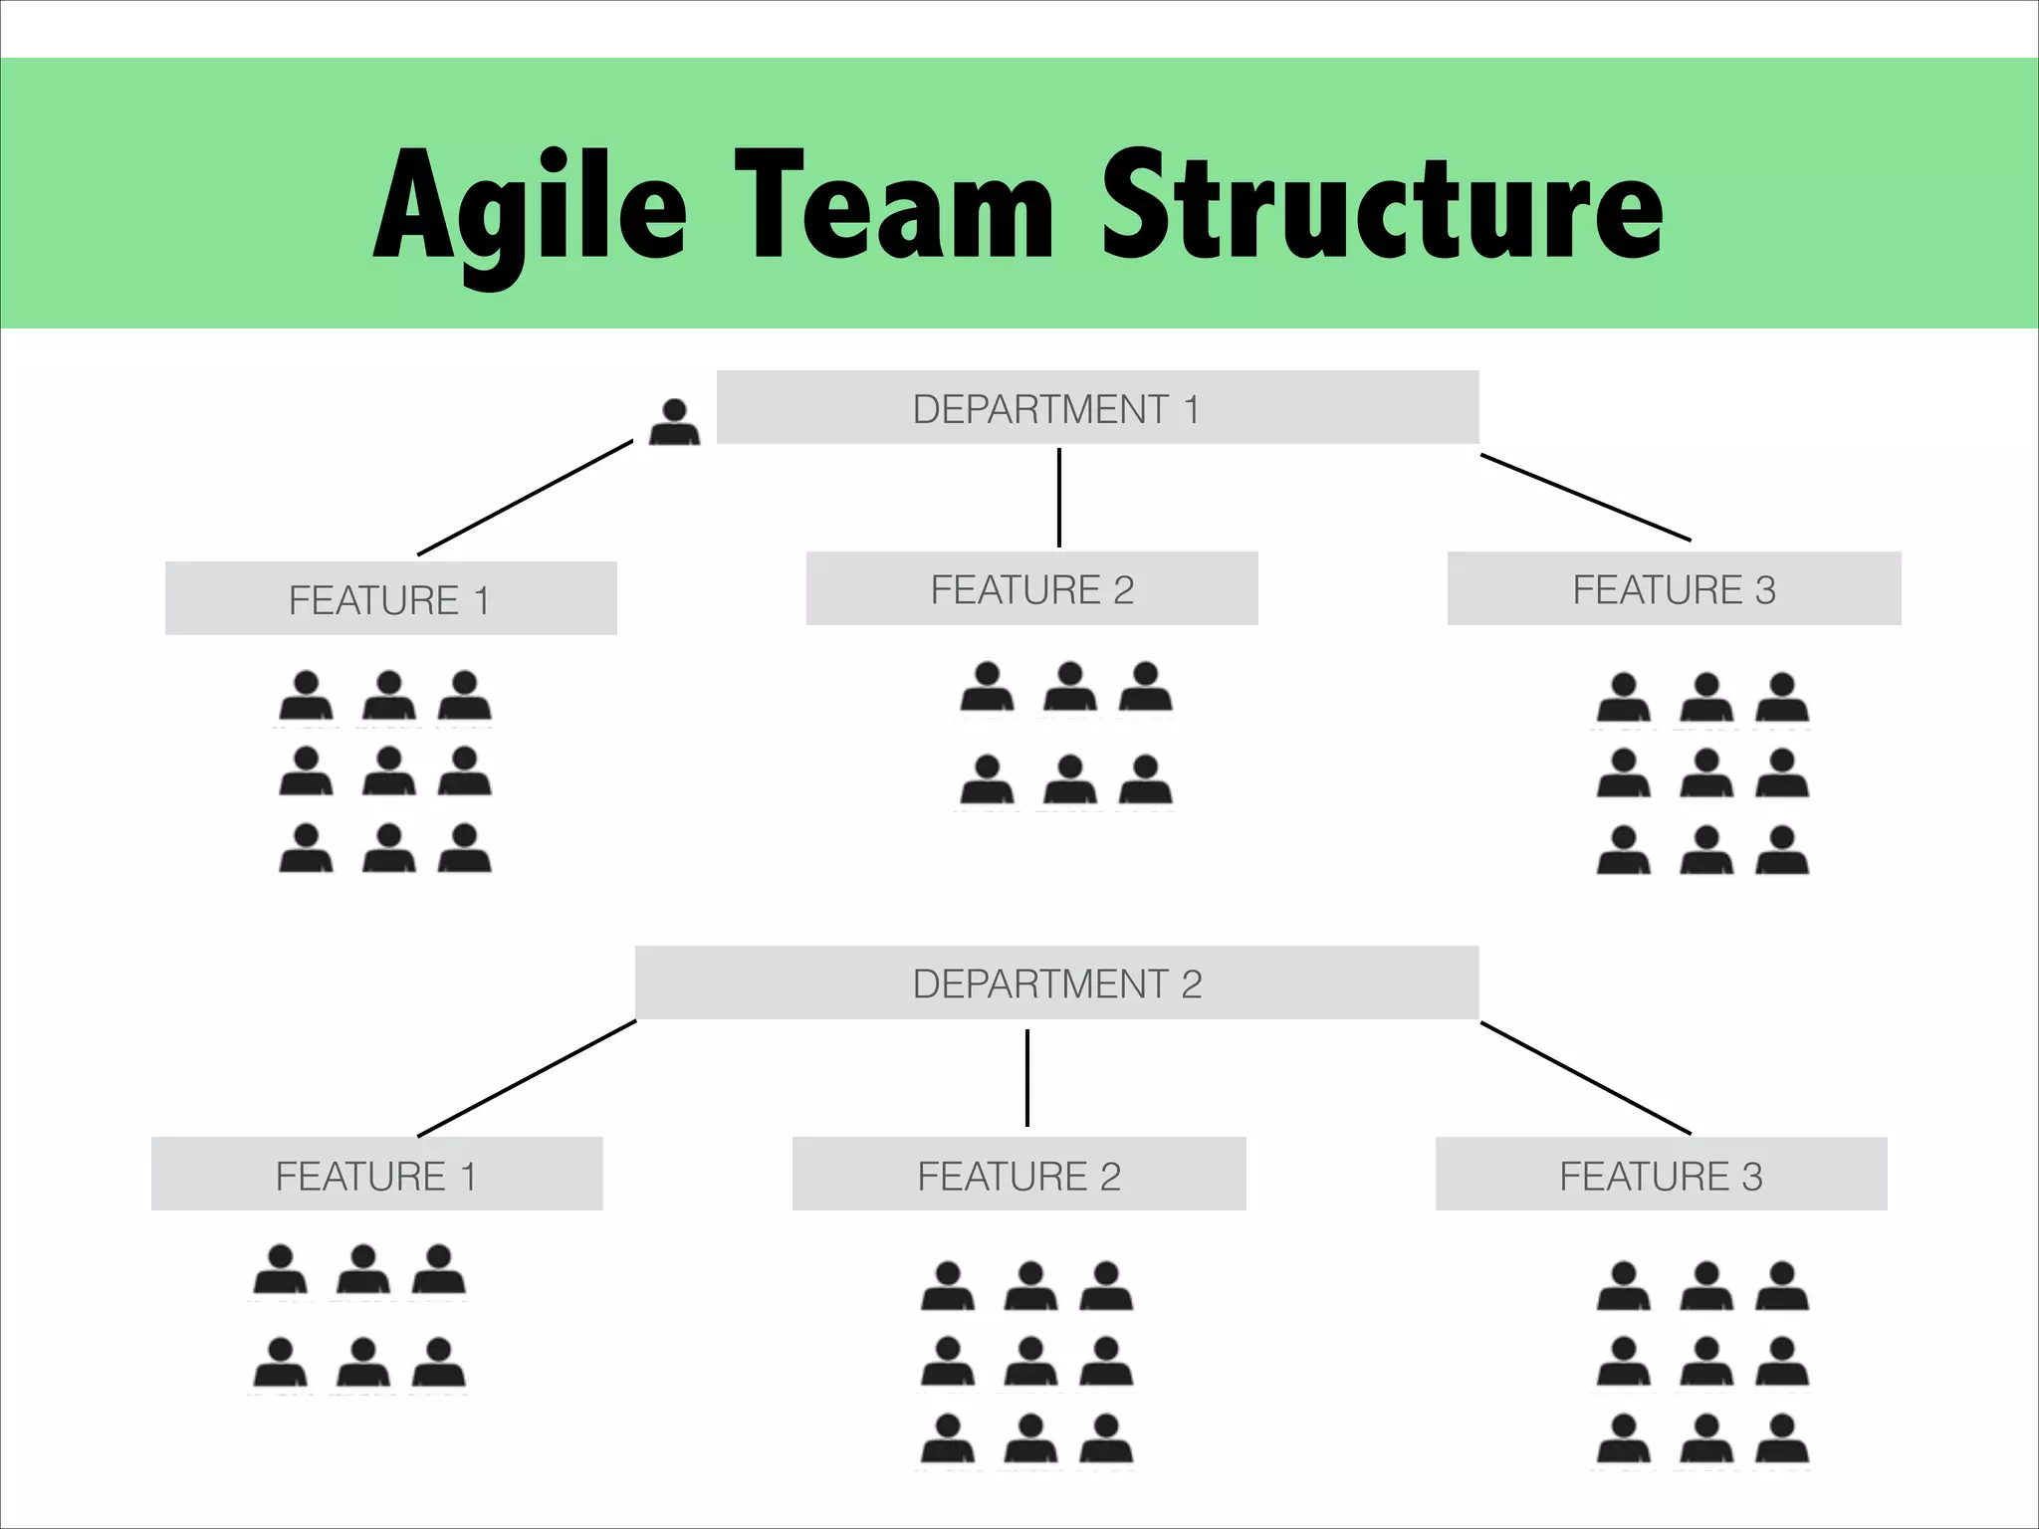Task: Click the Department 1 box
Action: tap(1097, 408)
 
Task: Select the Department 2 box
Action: tap(1056, 983)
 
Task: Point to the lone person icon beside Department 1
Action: tap(674, 422)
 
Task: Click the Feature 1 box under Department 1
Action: tap(390, 599)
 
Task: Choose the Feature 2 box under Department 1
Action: tap(1031, 589)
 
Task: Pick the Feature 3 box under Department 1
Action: tap(1674, 589)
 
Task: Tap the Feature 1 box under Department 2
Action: tap(376, 1175)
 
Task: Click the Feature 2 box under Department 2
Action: tap(1019, 1175)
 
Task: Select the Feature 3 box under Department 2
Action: tap(1661, 1175)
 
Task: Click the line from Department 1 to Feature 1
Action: tap(526, 498)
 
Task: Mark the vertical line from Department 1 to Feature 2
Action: tap(1058, 498)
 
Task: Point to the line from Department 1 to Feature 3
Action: tap(1585, 498)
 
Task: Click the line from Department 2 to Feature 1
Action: tap(527, 1078)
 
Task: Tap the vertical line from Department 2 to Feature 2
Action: tap(1027, 1078)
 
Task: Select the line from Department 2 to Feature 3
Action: tap(1585, 1078)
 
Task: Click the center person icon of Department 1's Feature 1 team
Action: tap(389, 772)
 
